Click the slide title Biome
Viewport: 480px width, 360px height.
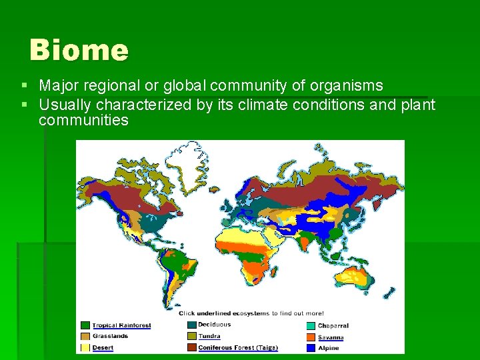[79, 51]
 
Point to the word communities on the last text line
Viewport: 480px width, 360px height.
[83, 120]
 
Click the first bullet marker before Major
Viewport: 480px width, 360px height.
[25, 86]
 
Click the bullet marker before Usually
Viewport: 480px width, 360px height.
[25, 105]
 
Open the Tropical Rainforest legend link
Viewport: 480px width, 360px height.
[121, 325]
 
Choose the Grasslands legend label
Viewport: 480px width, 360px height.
[110, 336]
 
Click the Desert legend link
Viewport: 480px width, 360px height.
[103, 347]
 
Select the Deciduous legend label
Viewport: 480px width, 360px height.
[214, 325]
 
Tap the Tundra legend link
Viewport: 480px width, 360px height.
[209, 336]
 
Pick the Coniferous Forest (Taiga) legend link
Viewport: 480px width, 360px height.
[237, 347]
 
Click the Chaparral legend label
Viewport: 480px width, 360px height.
[333, 326]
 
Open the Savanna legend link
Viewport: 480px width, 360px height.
[331, 337]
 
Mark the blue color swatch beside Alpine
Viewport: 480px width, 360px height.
[311, 347]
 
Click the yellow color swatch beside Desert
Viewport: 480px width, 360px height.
[85, 347]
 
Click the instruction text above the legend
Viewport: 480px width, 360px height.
[251, 313]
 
